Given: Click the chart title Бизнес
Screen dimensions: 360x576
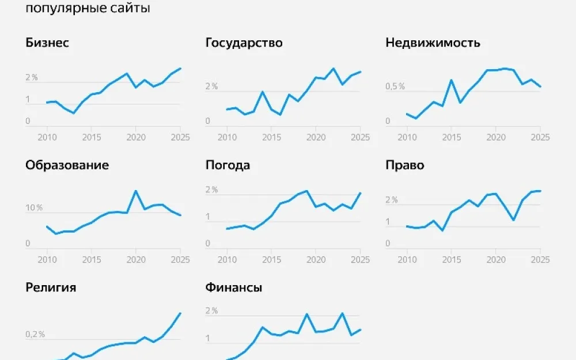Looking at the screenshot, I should pos(47,43).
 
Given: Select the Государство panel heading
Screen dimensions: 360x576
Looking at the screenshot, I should pos(244,43).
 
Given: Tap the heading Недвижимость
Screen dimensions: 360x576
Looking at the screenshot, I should pos(433,43).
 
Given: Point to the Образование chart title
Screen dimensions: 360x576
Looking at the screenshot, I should pos(67,165).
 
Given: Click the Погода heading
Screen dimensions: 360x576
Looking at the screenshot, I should pos(228,165).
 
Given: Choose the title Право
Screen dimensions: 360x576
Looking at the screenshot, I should pos(404,165).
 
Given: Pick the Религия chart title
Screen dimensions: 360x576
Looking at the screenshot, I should pos(51,287).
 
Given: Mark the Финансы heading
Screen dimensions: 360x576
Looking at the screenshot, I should pos(234,287).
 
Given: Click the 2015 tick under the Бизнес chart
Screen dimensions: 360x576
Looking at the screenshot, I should pos(91,138).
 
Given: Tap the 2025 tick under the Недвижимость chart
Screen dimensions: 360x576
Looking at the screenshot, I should pos(539,138).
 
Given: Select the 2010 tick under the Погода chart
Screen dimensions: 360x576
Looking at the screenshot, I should pos(228,260).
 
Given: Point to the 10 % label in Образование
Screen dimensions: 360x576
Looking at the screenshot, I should pos(34,208).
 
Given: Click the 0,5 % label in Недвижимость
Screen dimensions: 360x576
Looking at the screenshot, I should pos(395,86).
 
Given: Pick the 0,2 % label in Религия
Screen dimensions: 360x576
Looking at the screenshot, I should pos(35,335).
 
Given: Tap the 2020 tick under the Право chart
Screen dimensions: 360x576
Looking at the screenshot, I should pos(495,260).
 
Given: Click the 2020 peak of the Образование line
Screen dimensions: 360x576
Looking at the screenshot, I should pos(135,191).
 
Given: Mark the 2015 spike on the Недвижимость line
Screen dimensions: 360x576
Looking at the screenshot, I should pos(452,80).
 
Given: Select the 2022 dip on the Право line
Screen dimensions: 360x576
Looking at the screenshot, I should pos(513,220).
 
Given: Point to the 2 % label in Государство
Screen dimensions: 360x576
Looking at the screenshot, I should pos(211,86).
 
